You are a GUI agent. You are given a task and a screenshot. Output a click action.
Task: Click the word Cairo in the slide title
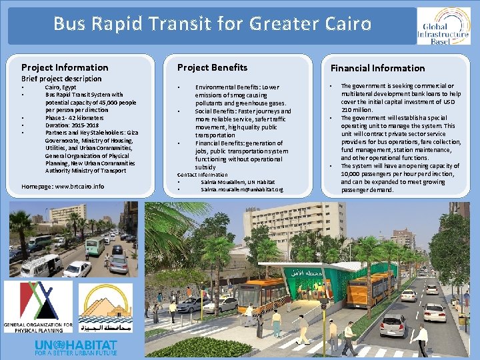[x=343, y=24]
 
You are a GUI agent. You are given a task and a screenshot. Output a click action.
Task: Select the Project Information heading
[x=65, y=67]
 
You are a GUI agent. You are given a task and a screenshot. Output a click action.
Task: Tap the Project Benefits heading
[x=212, y=67]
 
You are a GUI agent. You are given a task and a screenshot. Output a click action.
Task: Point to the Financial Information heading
[x=377, y=68]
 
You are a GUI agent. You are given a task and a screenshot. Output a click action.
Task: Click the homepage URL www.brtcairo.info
[x=80, y=186]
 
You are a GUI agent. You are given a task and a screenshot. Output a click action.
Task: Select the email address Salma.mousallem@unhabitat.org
[x=241, y=190]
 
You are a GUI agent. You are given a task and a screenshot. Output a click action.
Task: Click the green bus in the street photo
[x=95, y=245]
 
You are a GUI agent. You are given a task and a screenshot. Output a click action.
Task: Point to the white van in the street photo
[x=41, y=265]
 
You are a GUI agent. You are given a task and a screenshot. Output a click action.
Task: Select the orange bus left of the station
[x=263, y=296]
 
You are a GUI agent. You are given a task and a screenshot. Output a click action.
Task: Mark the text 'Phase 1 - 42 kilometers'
[x=71, y=117]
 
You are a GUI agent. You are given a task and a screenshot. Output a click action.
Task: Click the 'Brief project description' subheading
[x=61, y=79]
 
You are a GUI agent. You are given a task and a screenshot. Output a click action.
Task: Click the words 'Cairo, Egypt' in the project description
[x=61, y=87]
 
